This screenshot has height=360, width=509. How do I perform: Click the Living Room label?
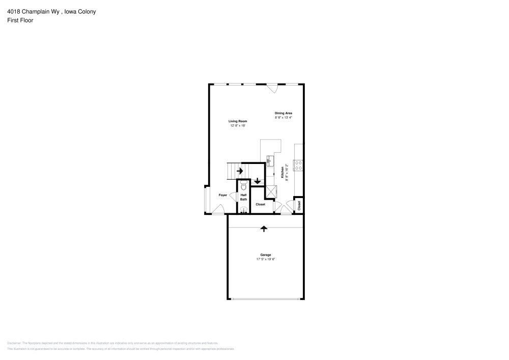point(237,121)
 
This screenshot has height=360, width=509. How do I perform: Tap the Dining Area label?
point(284,113)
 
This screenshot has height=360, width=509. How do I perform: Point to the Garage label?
point(266,255)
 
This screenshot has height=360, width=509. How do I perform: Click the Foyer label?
point(223,195)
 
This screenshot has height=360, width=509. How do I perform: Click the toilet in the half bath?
point(243,186)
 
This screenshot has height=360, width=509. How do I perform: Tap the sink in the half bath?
point(243,209)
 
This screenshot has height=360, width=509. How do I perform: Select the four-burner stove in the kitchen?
point(299,165)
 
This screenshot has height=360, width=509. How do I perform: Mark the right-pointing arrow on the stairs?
point(240,171)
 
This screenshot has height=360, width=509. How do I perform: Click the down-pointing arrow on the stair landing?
point(258,181)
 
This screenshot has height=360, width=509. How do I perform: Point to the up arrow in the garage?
point(264,229)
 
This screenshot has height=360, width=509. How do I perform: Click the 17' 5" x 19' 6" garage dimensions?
point(266,259)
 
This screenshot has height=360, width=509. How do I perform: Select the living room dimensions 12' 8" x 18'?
point(237,125)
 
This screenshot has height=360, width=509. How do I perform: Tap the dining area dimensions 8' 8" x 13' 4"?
point(284,118)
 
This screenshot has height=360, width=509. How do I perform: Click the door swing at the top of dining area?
point(273,89)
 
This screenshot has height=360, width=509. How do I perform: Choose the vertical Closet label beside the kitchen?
point(299,205)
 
